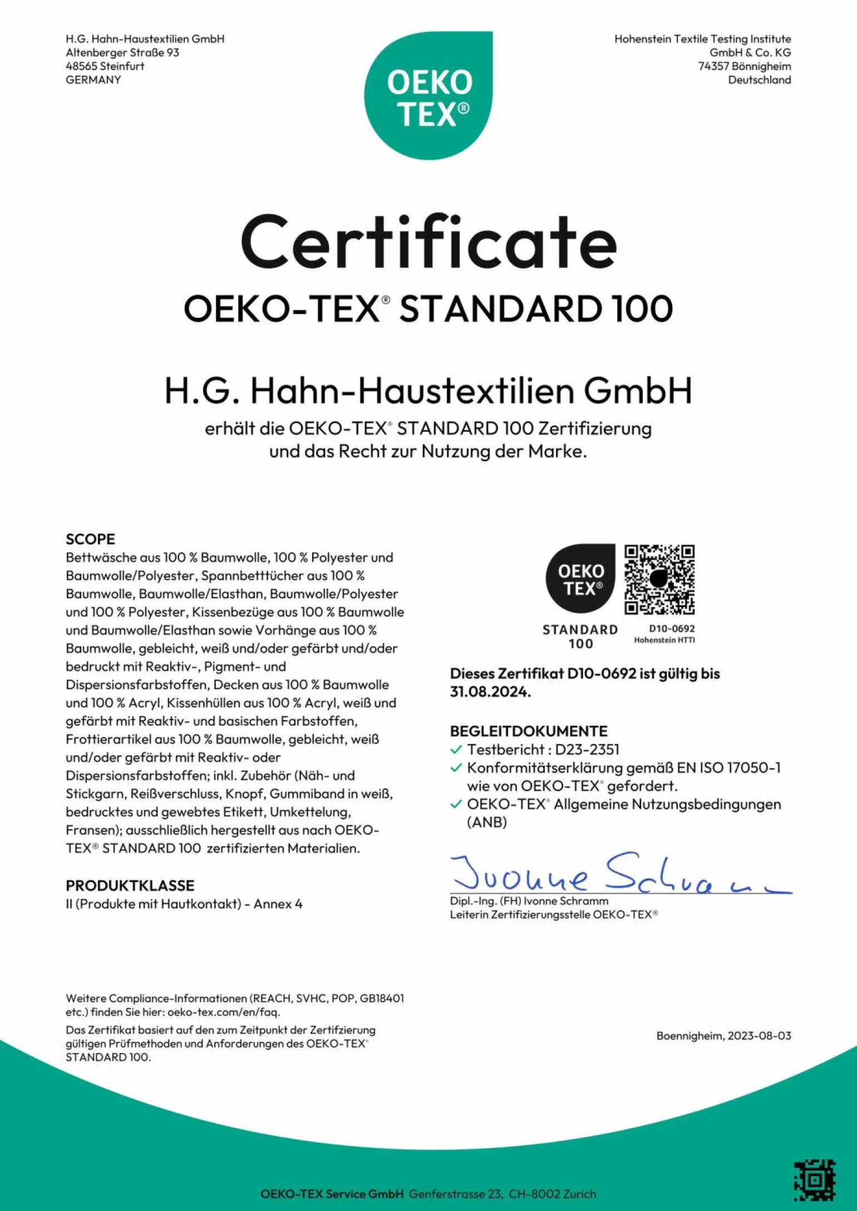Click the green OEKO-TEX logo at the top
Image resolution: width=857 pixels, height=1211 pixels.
click(x=428, y=96)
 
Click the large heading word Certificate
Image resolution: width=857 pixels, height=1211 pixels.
click(x=428, y=243)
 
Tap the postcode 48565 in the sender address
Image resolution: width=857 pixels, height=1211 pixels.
click(x=81, y=66)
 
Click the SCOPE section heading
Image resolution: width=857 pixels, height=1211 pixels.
click(x=90, y=539)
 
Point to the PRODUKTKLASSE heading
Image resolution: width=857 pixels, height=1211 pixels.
click(x=130, y=885)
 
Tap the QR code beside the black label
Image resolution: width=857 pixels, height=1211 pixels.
click(x=659, y=579)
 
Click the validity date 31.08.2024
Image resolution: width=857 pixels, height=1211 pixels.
click(x=490, y=692)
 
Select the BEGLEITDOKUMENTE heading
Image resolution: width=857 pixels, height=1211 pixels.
click(x=529, y=731)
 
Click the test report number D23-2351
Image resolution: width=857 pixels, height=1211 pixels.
click(x=587, y=750)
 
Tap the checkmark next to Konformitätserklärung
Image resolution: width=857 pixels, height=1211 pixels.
click(x=456, y=768)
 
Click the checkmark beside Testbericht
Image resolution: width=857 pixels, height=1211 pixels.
click(x=456, y=750)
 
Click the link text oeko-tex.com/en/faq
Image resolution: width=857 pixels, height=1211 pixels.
click(x=223, y=1012)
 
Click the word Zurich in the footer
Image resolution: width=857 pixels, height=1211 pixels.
click(x=579, y=1194)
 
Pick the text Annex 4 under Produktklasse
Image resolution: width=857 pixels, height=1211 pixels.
click(x=278, y=904)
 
